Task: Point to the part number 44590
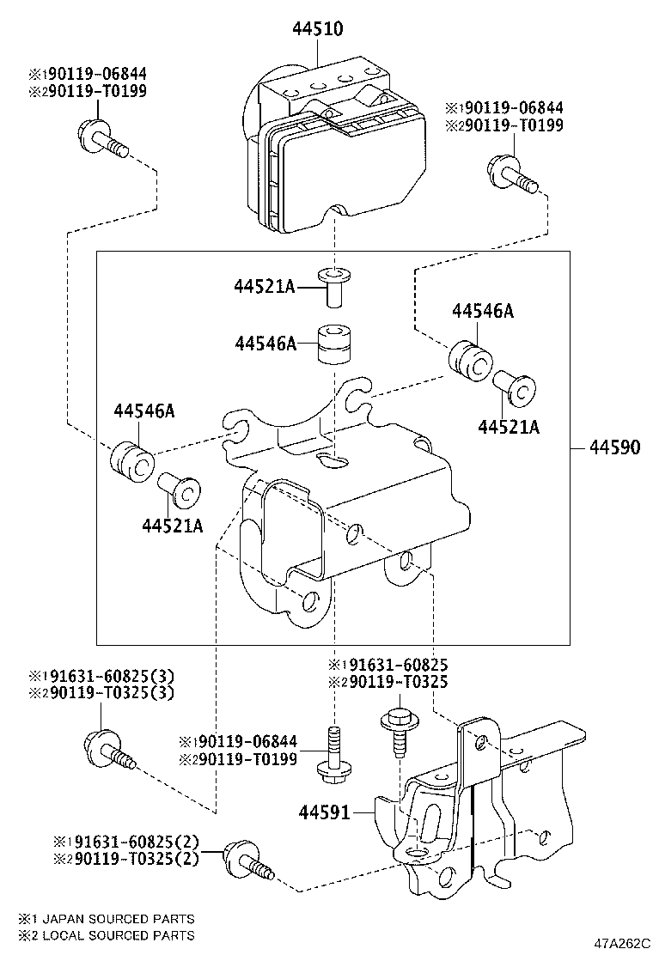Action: coord(613,448)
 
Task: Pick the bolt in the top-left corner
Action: coord(101,140)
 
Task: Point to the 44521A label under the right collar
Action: coord(509,427)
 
